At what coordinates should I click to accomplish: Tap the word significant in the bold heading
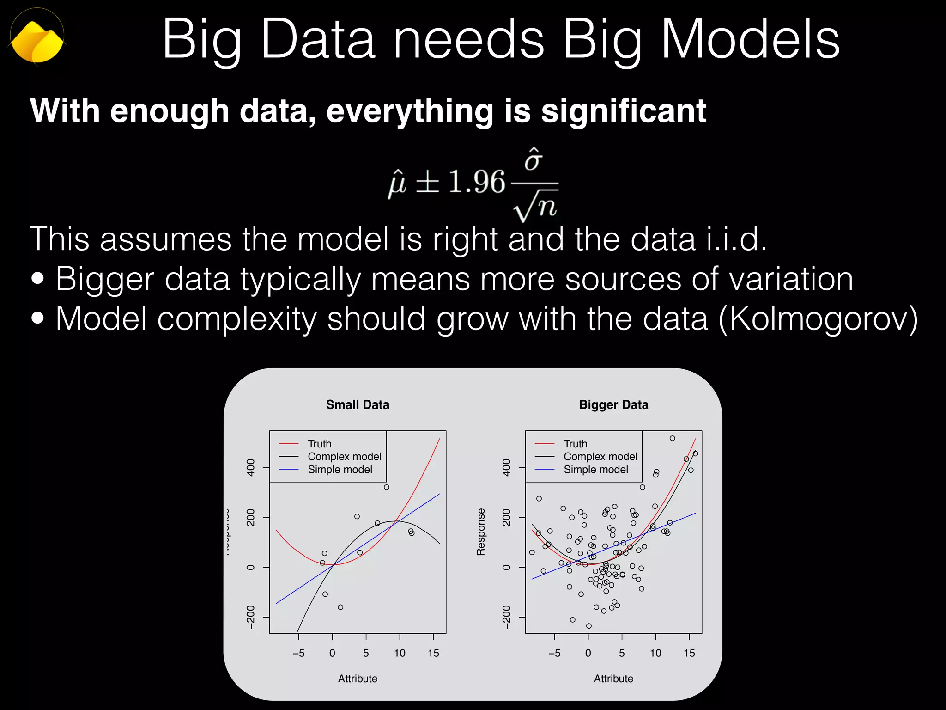point(624,111)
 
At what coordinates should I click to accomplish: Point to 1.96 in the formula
point(477,182)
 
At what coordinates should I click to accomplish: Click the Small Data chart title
point(358,405)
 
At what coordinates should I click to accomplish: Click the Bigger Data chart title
point(613,405)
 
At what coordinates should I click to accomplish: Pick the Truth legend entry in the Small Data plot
point(320,444)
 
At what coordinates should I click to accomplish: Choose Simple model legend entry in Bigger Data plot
point(596,470)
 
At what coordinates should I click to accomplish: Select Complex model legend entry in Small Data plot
point(345,457)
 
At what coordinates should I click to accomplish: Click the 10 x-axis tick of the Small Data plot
point(400,653)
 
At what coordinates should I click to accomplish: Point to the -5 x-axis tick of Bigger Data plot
point(554,653)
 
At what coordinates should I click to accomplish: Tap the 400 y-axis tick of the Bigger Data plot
point(507,467)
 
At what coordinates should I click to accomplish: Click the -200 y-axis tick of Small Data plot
point(251,617)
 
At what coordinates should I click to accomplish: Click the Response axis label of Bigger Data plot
point(481,532)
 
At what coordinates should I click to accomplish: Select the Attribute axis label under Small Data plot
point(358,679)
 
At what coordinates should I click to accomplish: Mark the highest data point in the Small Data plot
point(387,487)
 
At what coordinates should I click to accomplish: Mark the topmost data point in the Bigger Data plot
point(673,438)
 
